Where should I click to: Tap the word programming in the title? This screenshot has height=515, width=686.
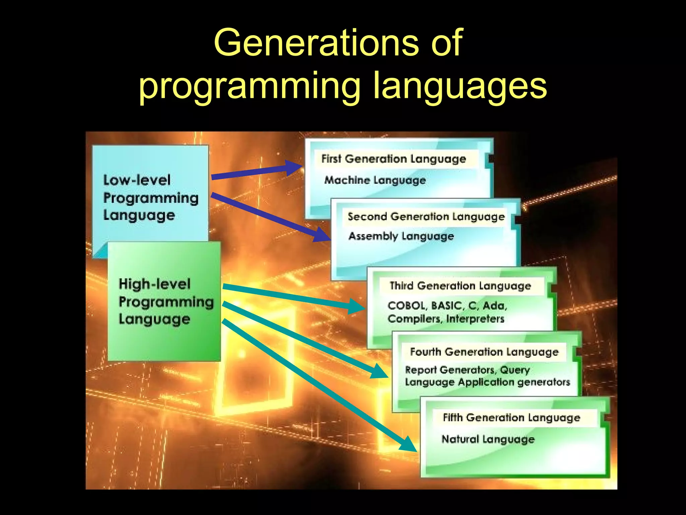point(249,87)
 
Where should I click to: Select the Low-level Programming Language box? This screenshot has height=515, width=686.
point(150,197)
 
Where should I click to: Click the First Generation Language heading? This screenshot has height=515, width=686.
point(394,159)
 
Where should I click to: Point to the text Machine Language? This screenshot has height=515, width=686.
point(375,180)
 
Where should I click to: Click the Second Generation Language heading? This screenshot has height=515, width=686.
point(426,217)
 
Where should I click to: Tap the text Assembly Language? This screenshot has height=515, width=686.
point(401,236)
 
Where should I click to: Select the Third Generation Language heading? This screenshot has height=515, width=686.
point(460,286)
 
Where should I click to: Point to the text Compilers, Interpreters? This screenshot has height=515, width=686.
point(445,319)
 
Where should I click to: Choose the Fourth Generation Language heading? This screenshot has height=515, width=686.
point(484,352)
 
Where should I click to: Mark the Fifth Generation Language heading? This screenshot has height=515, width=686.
point(511,418)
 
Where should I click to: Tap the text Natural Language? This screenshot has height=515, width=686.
point(488,439)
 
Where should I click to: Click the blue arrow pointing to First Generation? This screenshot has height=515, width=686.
point(255,171)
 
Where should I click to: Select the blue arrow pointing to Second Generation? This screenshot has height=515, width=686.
point(268,216)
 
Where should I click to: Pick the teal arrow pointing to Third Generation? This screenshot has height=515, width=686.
point(291,296)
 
